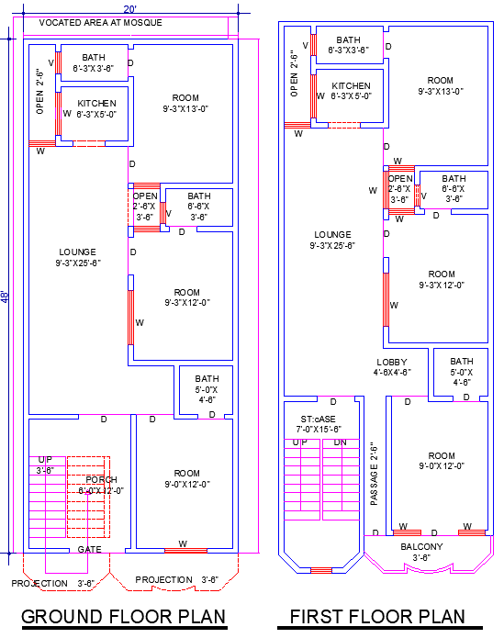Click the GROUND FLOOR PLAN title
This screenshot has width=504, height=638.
(x=124, y=616)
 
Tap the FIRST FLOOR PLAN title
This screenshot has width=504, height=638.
(x=377, y=616)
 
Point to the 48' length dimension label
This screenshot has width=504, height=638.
(x=6, y=297)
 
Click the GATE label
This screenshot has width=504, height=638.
(x=89, y=549)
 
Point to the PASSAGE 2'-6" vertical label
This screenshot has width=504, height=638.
(x=375, y=474)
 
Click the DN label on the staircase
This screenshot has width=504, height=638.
(x=340, y=443)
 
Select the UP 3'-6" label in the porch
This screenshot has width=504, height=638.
(x=46, y=465)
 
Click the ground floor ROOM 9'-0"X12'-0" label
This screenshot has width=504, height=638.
(x=187, y=478)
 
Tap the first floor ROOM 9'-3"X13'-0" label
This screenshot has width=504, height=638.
(x=441, y=85)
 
